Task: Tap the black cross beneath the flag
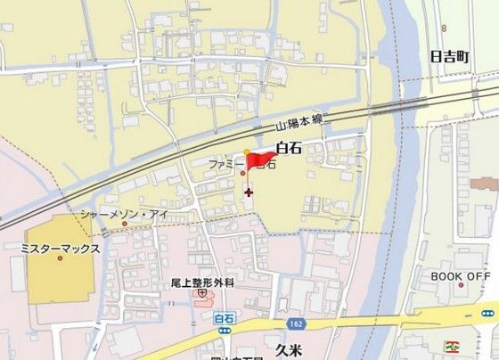[x=247, y=192]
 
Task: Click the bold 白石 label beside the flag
[x=290, y=148]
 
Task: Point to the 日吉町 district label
[x=449, y=57]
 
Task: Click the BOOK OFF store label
[x=461, y=276]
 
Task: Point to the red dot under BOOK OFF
[x=461, y=288]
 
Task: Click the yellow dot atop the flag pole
[x=247, y=152]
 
